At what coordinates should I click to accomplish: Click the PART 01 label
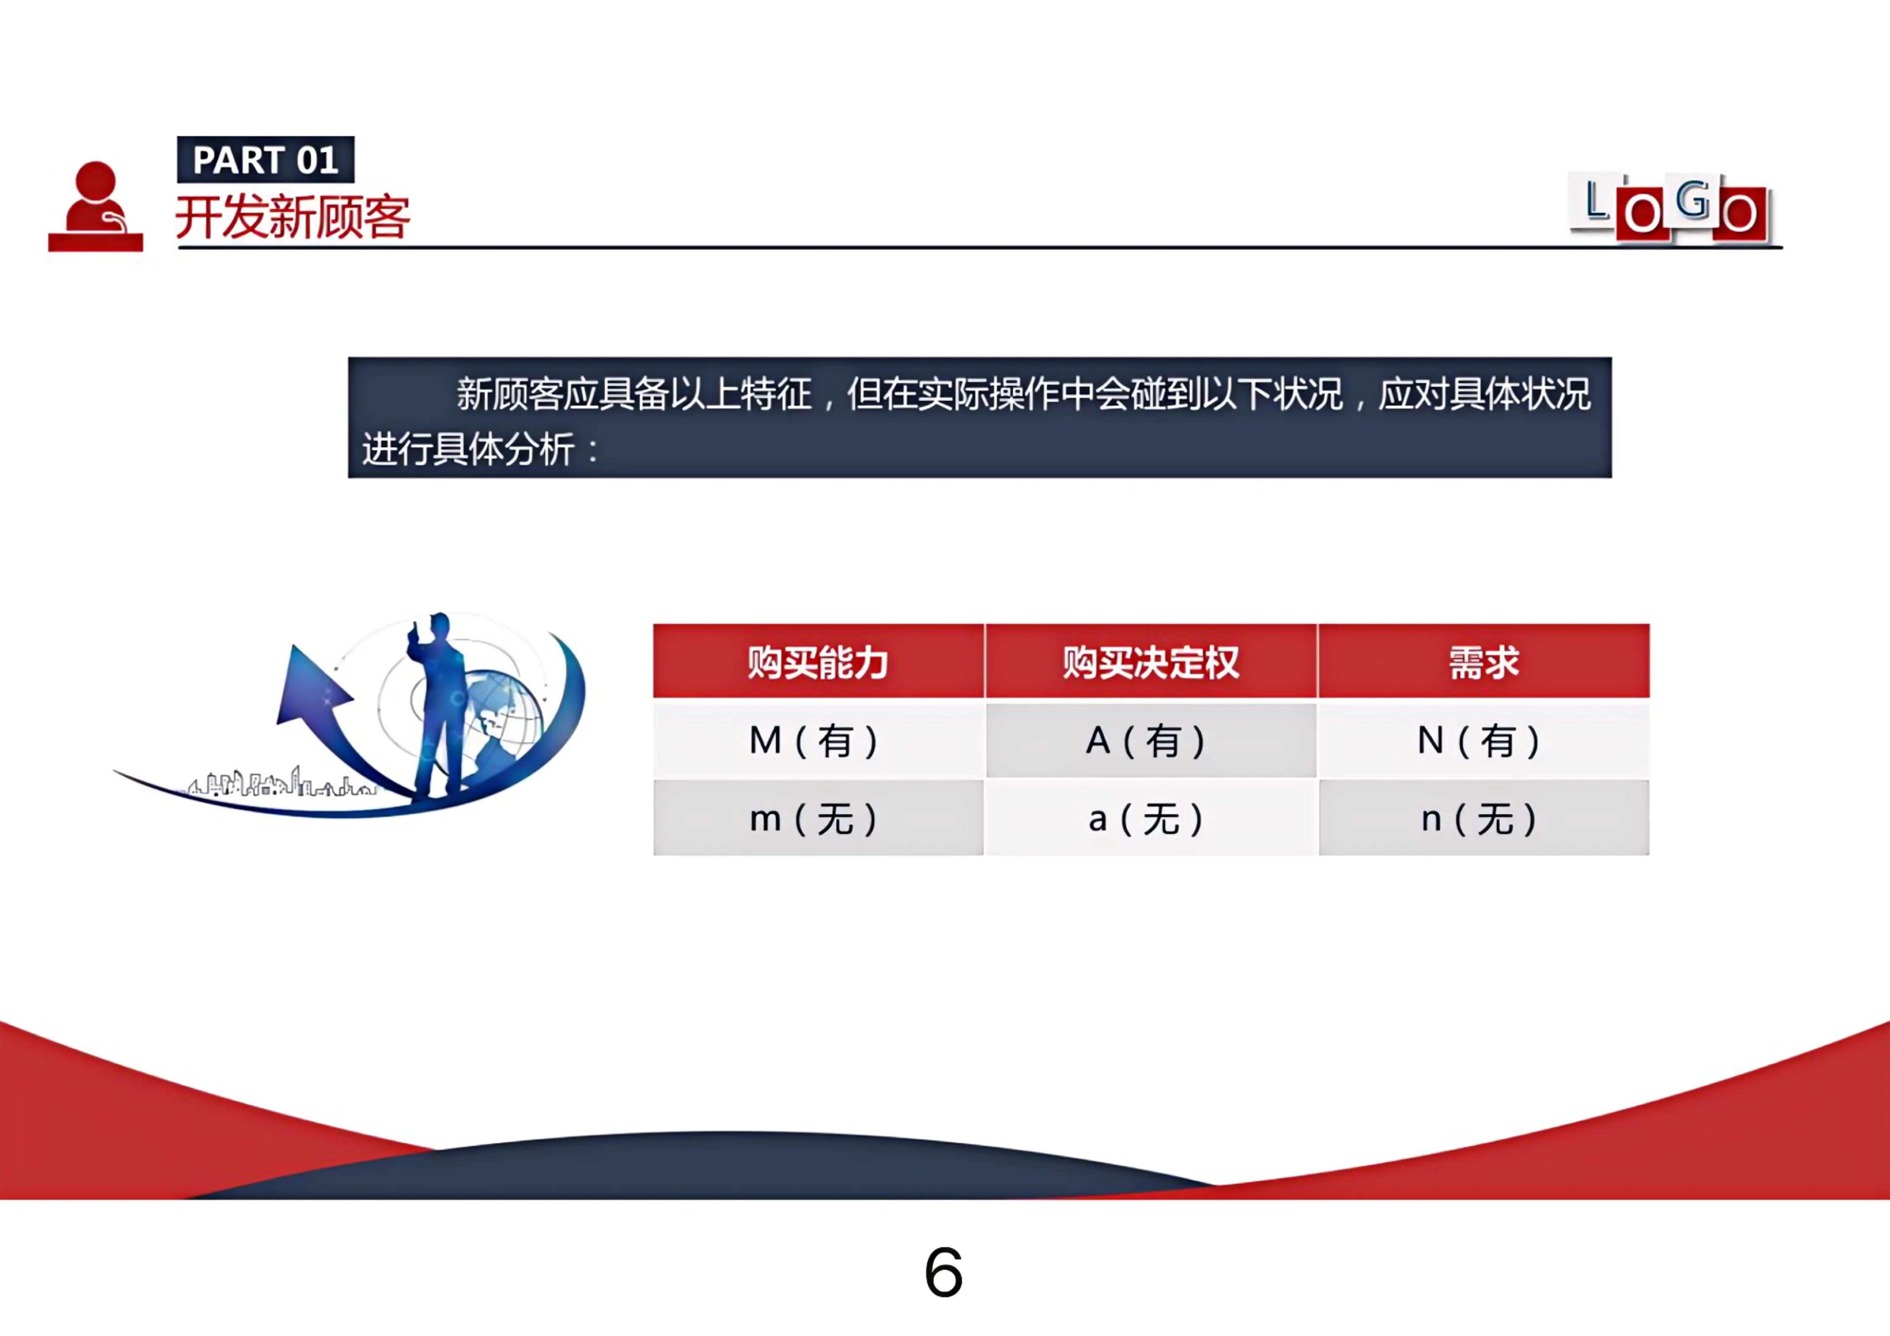pyautogui.click(x=265, y=160)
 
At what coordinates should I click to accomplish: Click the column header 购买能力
pyautogui.click(x=818, y=662)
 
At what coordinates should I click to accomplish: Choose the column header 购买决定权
pyautogui.click(x=1151, y=662)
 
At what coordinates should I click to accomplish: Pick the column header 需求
pyautogui.click(x=1483, y=662)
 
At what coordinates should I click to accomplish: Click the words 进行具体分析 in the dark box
pyautogui.click(x=467, y=450)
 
